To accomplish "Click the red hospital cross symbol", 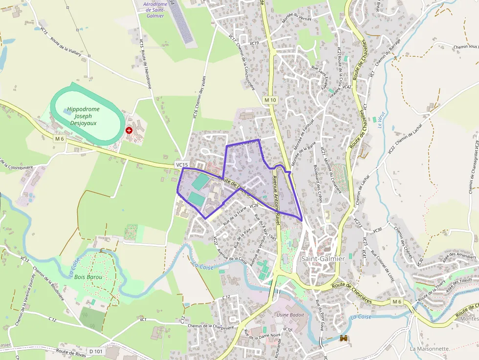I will click(129, 130).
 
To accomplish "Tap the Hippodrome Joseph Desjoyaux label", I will click(83, 116).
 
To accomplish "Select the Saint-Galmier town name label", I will click(323, 258).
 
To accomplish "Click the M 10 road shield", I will click(270, 100).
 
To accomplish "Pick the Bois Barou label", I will click(88, 277).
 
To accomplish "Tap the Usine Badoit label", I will click(290, 315).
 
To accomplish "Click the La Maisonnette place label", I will click(430, 349).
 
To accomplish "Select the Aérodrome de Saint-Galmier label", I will click(155, 10).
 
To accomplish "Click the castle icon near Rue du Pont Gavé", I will click(343, 339).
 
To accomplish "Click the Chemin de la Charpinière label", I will click(211, 326).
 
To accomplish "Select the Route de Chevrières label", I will click(351, 293).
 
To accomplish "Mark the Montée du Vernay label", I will click(297, 16).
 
